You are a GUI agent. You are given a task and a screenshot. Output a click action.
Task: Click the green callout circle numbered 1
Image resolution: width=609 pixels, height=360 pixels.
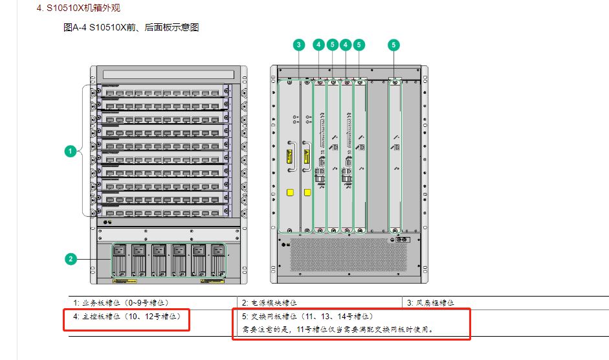[x=70, y=151]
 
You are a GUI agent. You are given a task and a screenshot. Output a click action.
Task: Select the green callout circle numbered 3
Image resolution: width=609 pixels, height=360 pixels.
[x=298, y=45]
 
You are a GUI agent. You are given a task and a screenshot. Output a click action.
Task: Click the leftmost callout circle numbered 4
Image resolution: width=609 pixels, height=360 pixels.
[x=318, y=45]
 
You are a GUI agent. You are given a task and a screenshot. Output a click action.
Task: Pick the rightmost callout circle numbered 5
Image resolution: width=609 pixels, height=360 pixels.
[x=394, y=45]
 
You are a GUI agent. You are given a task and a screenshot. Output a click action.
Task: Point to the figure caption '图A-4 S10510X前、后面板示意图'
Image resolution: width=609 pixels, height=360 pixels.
[x=131, y=28]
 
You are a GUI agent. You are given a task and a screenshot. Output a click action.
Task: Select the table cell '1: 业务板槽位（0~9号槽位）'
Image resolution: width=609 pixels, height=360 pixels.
[x=121, y=302]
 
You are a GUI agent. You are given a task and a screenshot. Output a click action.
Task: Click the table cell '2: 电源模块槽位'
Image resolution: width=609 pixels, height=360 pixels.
[x=270, y=302]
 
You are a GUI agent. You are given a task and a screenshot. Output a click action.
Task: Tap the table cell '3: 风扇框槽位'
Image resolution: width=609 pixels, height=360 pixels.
[x=430, y=302]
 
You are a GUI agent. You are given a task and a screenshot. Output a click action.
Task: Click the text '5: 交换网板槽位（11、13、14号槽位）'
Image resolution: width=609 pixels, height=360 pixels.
[x=304, y=317]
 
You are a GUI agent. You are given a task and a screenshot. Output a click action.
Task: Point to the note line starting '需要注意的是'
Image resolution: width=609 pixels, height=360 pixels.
[x=333, y=329]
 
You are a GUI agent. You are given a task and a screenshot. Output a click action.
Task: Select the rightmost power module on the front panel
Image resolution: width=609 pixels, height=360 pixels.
[x=217, y=260]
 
